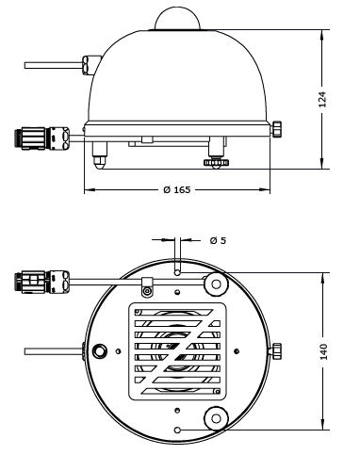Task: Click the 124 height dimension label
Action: click(x=322, y=99)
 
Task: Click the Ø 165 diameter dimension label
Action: click(x=177, y=189)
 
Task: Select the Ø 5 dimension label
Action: click(x=218, y=240)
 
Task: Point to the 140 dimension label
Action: click(x=323, y=351)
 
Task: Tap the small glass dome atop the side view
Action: click(x=177, y=19)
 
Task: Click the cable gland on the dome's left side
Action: click(x=90, y=65)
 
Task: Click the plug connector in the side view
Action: click(x=41, y=138)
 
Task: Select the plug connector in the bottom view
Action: click(x=41, y=282)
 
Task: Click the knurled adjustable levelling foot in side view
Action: click(x=216, y=163)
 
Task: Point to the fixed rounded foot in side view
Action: click(x=100, y=155)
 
